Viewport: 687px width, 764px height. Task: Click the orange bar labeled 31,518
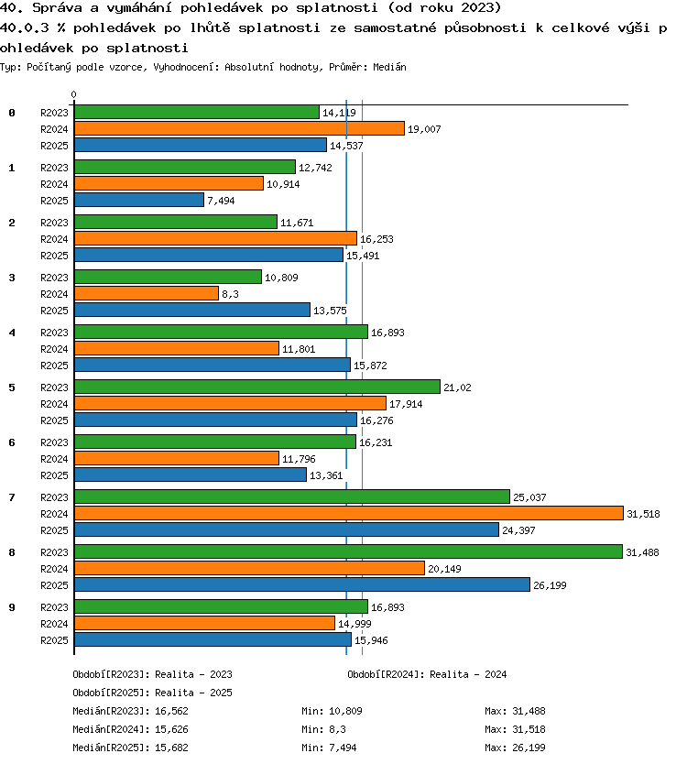click(349, 513)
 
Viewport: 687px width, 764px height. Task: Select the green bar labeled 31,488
click(348, 551)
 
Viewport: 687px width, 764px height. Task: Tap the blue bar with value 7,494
click(139, 200)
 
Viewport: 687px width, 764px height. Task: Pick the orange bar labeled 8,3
click(147, 293)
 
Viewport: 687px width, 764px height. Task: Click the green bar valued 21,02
click(257, 387)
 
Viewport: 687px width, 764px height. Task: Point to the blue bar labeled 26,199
click(302, 584)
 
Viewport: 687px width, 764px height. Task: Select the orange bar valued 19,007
click(240, 128)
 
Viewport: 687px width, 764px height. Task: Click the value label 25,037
click(529, 497)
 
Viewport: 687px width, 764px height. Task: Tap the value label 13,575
click(330, 311)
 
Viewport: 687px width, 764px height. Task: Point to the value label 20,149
click(444, 569)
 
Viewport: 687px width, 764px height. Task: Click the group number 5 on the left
click(12, 387)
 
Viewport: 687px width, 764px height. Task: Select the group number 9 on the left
click(12, 607)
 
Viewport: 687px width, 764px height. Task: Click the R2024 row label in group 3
click(54, 294)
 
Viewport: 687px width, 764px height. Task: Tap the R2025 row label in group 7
click(54, 530)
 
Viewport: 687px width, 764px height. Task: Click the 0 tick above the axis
click(73, 94)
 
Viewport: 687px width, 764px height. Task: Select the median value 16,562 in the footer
click(171, 711)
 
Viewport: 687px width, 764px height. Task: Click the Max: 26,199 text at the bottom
click(515, 748)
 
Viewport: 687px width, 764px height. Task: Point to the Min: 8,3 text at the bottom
click(323, 729)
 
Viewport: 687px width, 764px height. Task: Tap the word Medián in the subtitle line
click(389, 67)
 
